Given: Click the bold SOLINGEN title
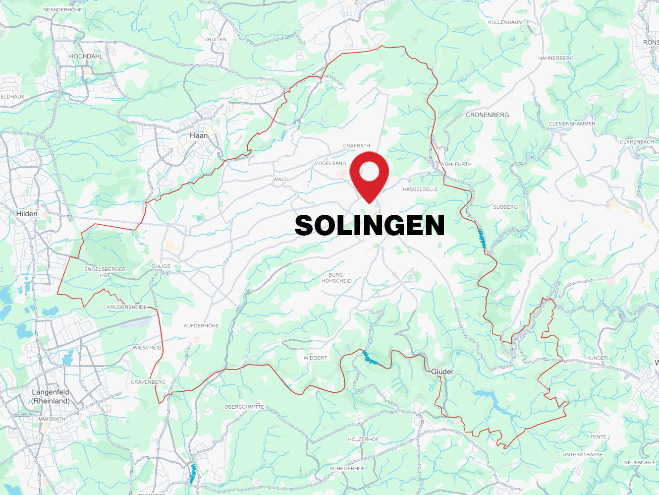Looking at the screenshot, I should tap(369, 226).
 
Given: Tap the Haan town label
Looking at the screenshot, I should tap(199, 135).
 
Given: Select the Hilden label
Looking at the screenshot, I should tap(27, 214).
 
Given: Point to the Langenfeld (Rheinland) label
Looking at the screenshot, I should tap(51, 396).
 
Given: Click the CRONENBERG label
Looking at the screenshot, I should tap(487, 115).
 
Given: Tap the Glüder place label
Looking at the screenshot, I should tap(442, 371).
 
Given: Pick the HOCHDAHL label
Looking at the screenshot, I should tap(86, 57).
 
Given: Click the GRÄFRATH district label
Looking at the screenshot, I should tap(356, 146).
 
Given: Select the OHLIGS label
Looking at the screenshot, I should tap(161, 266).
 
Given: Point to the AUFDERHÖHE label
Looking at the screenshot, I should tap(201, 326).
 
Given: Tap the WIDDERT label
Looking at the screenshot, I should tap(315, 358).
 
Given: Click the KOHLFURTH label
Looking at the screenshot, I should tap(456, 164).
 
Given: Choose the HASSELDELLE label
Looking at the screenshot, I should tap(420, 189).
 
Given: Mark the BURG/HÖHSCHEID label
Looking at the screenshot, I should tap(336, 278).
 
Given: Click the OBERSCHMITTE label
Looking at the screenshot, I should tap(244, 407).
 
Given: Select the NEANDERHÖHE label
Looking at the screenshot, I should tap(62, 10).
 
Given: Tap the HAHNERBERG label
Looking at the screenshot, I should tap(555, 58).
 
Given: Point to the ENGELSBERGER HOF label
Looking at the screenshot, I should tap(105, 272).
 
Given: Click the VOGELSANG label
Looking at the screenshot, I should tap(330, 163).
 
